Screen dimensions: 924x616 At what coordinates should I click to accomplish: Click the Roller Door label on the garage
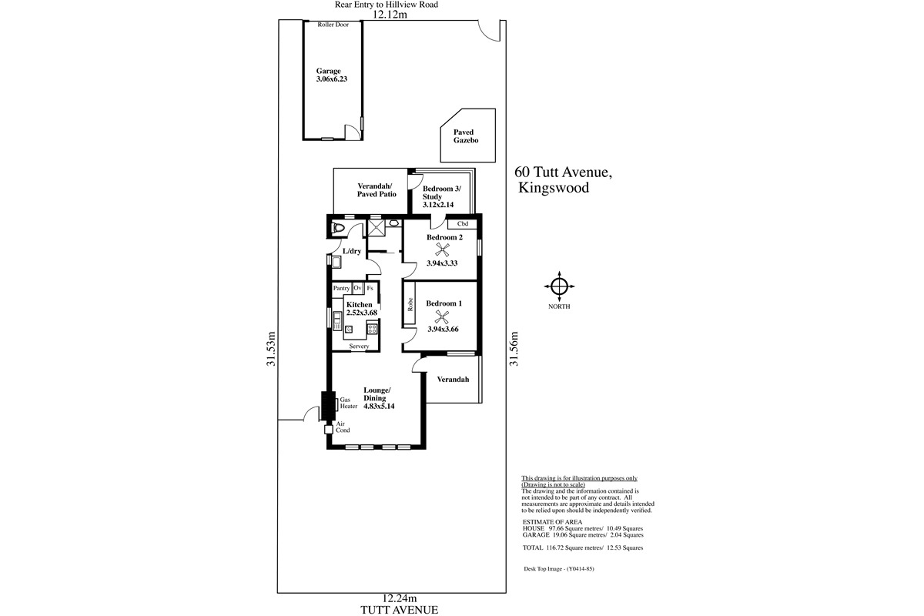[x=333, y=25]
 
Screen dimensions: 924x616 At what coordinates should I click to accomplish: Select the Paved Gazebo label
[x=466, y=136]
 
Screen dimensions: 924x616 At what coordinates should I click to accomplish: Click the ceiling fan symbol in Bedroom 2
[x=442, y=249]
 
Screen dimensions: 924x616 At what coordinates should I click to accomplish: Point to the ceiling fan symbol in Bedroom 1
[x=442, y=316]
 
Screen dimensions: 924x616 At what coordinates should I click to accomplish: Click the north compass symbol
[x=559, y=286]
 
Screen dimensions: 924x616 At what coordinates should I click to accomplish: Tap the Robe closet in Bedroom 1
[x=409, y=303]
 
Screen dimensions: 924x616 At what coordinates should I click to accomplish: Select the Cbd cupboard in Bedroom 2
[x=463, y=223]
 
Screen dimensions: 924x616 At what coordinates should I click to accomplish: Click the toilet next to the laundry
[x=338, y=228]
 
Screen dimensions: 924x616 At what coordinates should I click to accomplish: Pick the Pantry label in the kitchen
[x=342, y=289]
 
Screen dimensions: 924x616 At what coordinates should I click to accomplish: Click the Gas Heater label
[x=349, y=403]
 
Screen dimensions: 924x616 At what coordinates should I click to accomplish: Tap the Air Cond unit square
[x=328, y=430]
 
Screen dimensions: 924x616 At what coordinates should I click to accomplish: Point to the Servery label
[x=359, y=346]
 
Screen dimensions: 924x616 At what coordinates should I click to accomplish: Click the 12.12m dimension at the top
[x=390, y=15]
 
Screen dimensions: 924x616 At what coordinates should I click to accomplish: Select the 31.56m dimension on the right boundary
[x=514, y=349]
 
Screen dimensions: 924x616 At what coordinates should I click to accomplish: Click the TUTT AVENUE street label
[x=400, y=610]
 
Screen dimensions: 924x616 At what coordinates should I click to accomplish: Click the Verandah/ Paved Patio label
[x=377, y=189]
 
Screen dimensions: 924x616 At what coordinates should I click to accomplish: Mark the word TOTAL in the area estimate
[x=533, y=548]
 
